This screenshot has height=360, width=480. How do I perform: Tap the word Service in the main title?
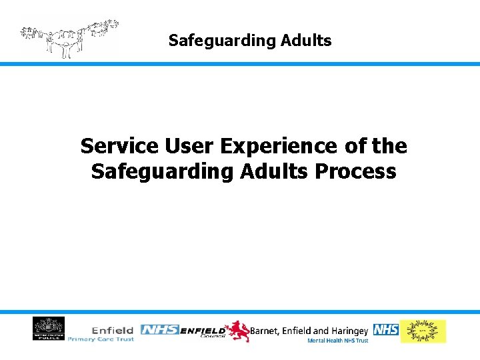[x=117, y=145]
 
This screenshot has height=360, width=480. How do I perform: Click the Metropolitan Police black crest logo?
[x=49, y=329]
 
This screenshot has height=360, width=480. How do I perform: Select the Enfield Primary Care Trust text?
[x=101, y=334]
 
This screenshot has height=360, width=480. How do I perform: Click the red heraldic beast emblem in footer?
[x=237, y=331]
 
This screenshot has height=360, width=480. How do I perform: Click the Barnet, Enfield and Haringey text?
[x=309, y=330]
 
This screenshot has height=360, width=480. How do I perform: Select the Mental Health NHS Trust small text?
[x=337, y=341]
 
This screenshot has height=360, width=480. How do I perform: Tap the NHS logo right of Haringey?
[x=385, y=329]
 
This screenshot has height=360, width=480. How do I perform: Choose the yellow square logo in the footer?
[x=423, y=331]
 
